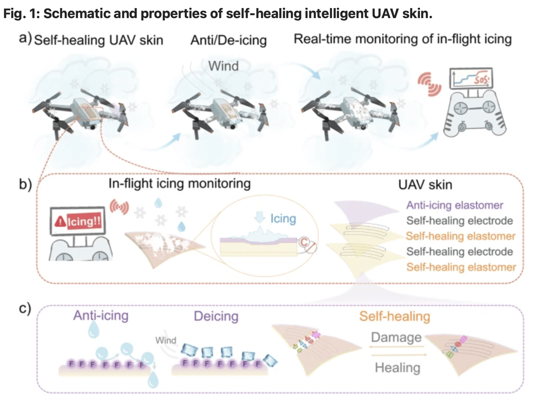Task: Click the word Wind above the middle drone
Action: pos(223,66)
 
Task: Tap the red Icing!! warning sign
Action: pos(78,222)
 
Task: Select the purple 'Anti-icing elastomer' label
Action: pos(455,205)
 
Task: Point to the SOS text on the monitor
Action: pos(481,80)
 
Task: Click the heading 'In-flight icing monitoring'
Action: pos(179,183)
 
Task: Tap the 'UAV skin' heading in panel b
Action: pos(425,185)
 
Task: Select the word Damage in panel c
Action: pos(396,337)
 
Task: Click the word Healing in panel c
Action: pos(398,368)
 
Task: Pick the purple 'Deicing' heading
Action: pos(216,316)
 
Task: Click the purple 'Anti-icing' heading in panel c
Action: pos(101,315)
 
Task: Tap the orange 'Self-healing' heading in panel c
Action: pos(395,316)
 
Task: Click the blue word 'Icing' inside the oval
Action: pos(283,218)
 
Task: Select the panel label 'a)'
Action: pos(25,38)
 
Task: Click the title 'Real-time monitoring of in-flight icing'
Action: pos(402,39)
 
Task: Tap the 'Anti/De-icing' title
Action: pos(228,40)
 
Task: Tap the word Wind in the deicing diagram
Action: pos(165,340)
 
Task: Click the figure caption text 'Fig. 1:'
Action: pos(21,13)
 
